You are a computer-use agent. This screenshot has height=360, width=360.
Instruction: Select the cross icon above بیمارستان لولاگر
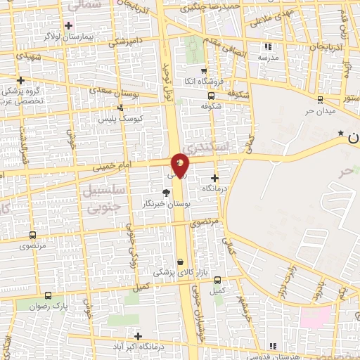68,25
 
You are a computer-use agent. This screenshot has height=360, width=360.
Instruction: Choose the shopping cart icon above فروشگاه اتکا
203,71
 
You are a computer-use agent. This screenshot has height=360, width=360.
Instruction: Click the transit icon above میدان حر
320,99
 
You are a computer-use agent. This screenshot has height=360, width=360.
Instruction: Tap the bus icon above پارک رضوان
48,295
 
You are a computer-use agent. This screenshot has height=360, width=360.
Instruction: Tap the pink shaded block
315,316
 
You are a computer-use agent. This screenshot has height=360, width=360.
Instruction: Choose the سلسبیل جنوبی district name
103,200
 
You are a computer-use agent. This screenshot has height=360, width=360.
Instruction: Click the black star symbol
341,133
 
